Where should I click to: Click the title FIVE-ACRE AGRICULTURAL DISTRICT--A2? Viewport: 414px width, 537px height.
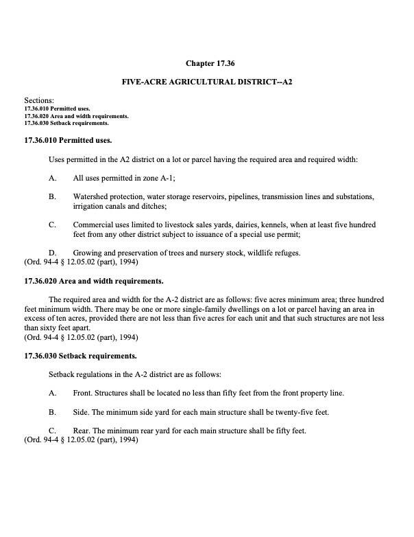point(206,82)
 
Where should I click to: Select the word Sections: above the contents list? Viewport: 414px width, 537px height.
point(38,101)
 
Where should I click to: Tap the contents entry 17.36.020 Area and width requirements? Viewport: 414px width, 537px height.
point(75,116)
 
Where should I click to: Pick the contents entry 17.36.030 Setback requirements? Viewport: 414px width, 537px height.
point(66,124)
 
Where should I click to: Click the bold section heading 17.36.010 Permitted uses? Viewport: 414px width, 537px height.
point(67,141)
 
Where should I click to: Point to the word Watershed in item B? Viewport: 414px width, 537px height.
point(93,196)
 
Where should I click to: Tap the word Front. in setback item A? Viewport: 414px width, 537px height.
point(84,393)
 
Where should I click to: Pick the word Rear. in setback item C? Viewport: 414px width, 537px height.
point(83,431)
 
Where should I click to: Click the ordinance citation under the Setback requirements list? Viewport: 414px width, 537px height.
point(81,439)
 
